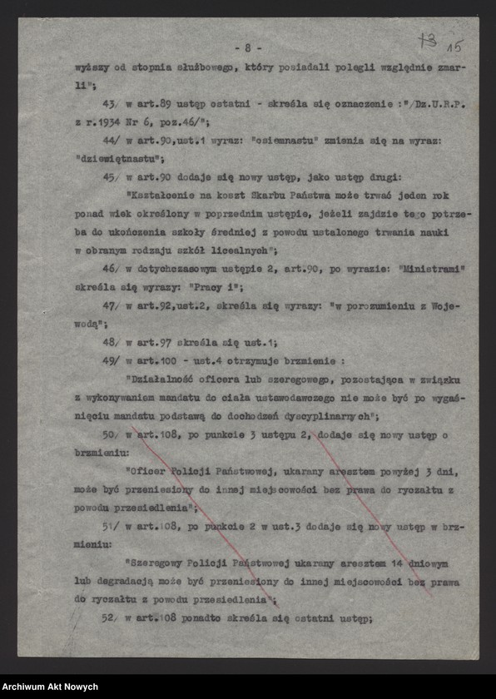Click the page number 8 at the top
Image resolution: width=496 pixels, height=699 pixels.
248,47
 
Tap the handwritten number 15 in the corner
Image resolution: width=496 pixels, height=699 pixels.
455,43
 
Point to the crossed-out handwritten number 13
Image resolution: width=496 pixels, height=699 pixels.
429,39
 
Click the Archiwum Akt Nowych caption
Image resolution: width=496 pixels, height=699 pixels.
50,687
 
